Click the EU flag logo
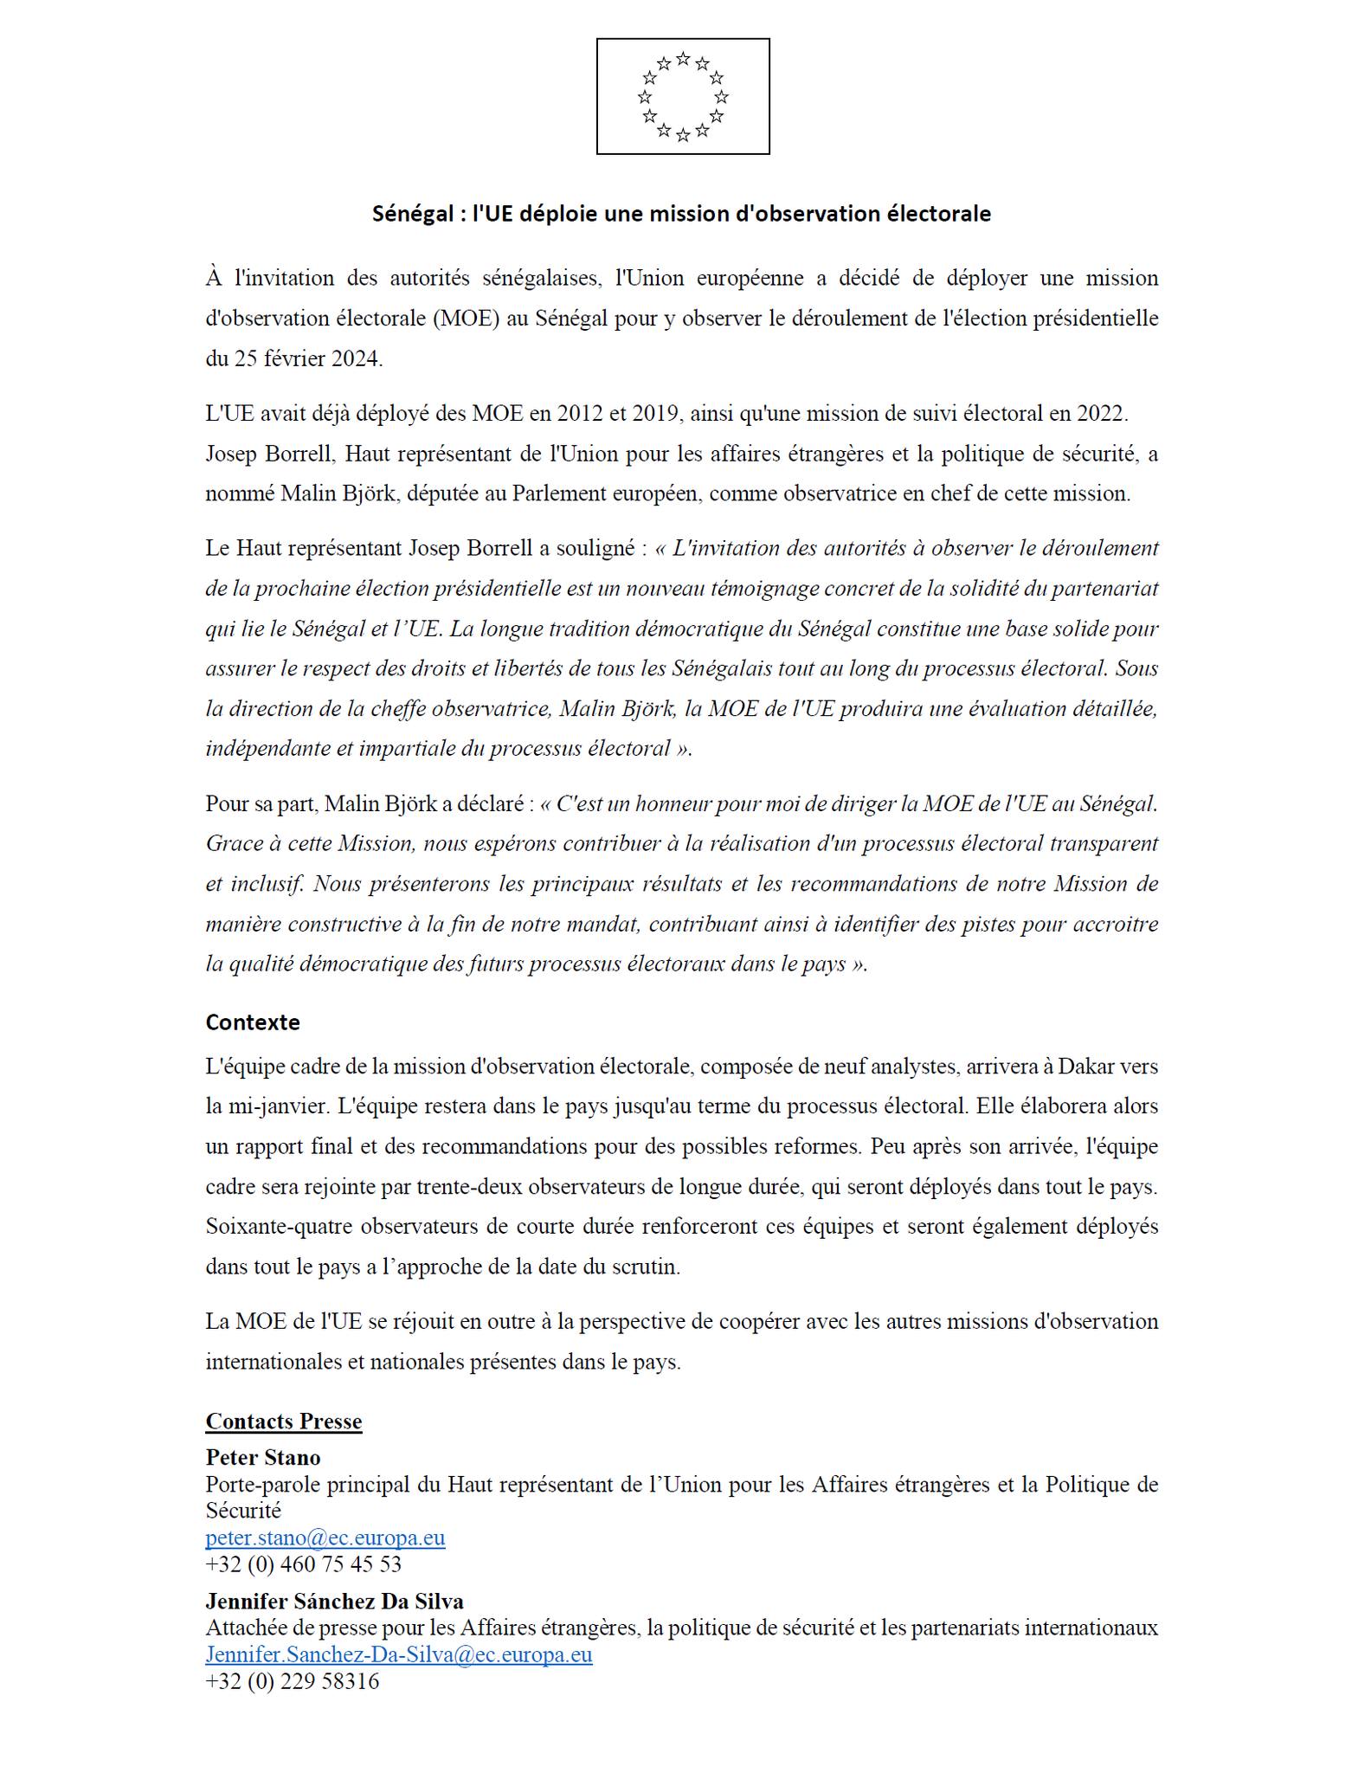[x=682, y=96]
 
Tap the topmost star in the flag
[x=683, y=59]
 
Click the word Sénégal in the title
[x=411, y=214]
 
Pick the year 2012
[x=580, y=413]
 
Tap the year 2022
[x=1100, y=413]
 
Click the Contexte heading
[x=253, y=1022]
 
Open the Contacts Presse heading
[x=284, y=1422]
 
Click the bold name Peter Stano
[x=263, y=1457]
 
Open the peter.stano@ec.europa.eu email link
[x=325, y=1538]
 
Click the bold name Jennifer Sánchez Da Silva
[x=334, y=1602]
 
